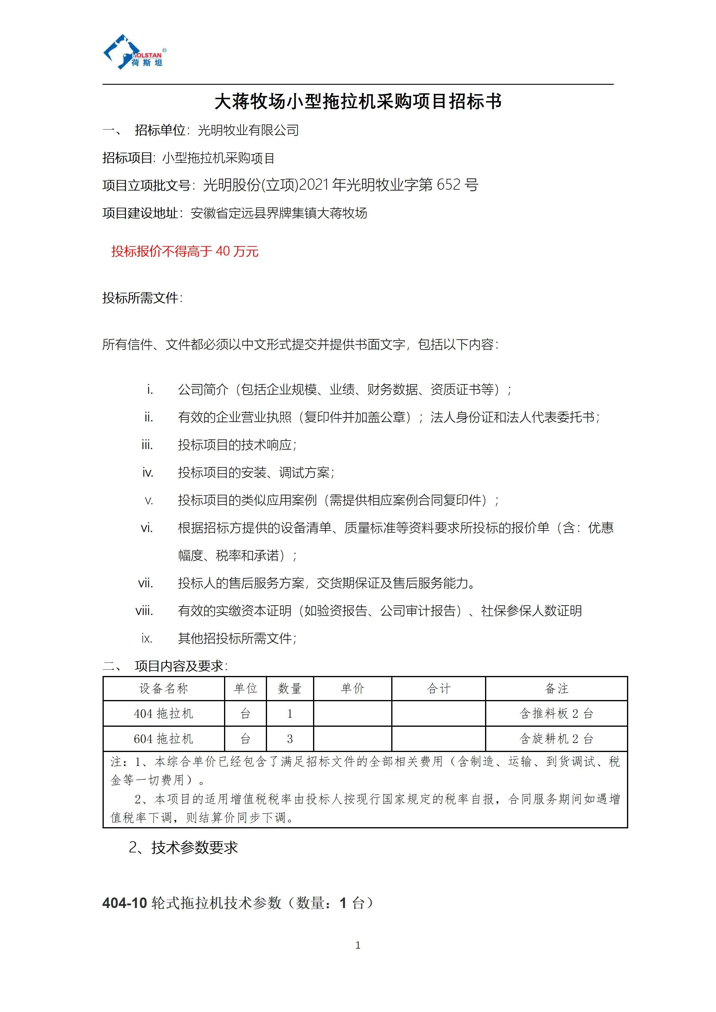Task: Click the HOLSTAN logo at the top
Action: [134, 52]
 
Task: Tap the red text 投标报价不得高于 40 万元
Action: [185, 251]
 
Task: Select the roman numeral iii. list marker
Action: [147, 445]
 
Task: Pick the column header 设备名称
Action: [164, 689]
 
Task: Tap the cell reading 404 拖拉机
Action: [164, 714]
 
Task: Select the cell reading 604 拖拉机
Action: [164, 739]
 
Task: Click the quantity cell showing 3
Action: [290, 739]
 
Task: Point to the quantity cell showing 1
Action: [290, 714]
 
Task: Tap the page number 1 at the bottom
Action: [358, 945]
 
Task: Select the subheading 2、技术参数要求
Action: [183, 847]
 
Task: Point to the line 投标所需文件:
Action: [142, 298]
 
